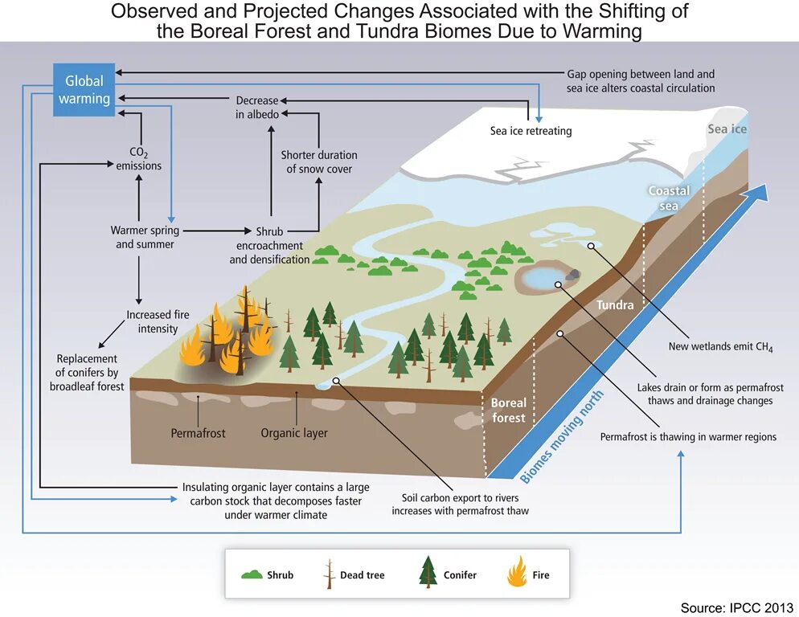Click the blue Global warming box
point(84,90)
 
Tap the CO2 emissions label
point(138,158)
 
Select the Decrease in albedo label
point(257,108)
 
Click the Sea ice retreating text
point(531,131)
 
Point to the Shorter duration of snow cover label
point(319,161)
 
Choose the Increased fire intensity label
point(158,322)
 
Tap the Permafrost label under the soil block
point(198,433)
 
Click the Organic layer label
point(294,433)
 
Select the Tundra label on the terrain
point(615,305)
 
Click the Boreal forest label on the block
point(509,411)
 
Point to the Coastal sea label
point(669,198)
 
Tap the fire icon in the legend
point(517,573)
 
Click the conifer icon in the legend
point(428,573)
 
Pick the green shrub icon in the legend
point(252,574)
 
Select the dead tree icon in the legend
point(328,574)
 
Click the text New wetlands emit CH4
point(720,347)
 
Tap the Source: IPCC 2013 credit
point(736,607)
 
